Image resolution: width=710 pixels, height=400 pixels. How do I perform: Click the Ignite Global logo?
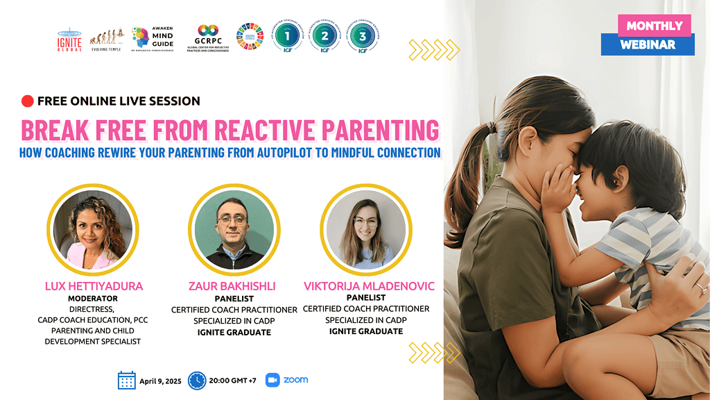pos(69,40)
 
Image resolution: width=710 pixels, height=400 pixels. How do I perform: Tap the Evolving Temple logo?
pos(108,40)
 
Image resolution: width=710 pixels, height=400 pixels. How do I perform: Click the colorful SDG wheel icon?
pos(250,37)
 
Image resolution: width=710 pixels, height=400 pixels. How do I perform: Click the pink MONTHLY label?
pos(655,26)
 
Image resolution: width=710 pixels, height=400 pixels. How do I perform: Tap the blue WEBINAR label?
pos(648,44)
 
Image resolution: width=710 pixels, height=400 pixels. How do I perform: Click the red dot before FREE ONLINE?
pos(27,101)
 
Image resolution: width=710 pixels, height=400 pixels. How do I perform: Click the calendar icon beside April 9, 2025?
pos(127,380)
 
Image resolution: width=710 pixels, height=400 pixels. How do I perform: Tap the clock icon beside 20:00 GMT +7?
pos(197,380)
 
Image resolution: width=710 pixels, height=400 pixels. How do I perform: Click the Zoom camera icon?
pos(272,380)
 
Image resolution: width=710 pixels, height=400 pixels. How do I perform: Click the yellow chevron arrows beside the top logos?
pos(434,49)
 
